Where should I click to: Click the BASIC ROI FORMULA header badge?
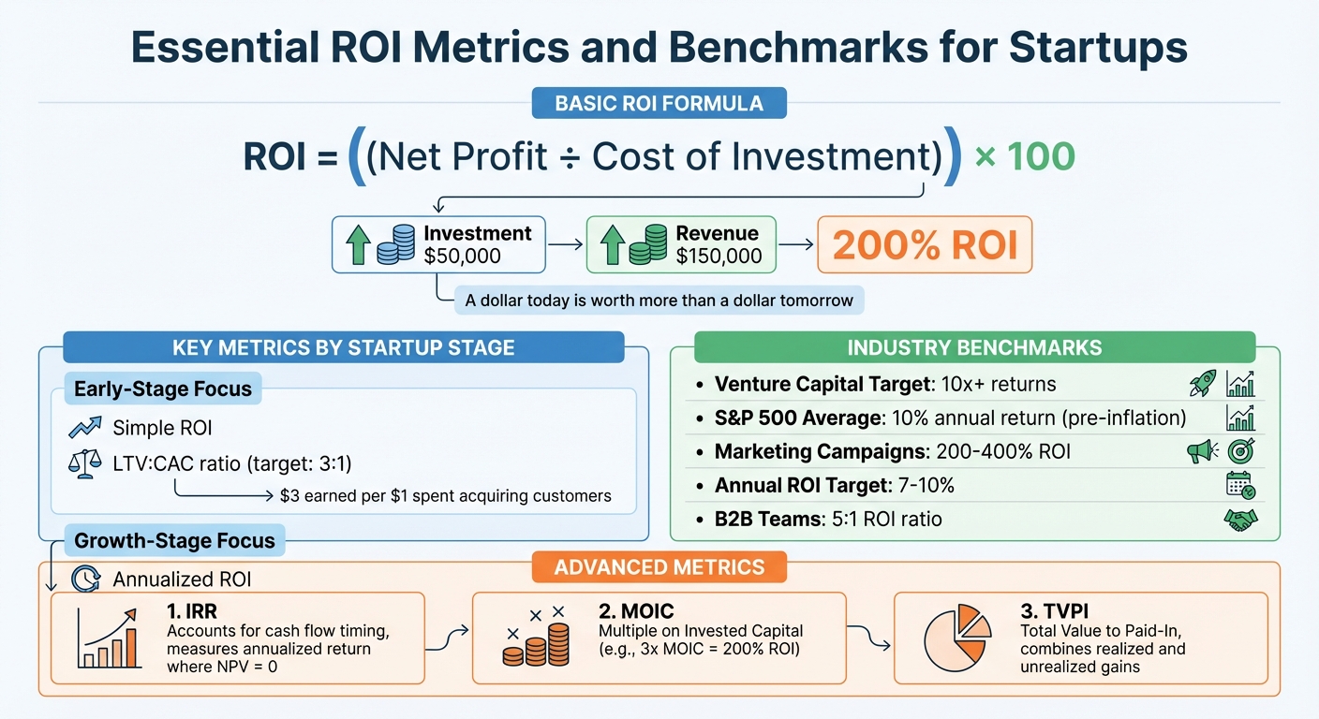[659, 103]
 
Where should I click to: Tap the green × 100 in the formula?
[1024, 156]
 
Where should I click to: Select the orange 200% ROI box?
[925, 245]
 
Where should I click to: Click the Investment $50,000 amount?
[463, 257]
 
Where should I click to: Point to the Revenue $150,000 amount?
[719, 257]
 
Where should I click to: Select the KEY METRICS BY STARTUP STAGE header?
[343, 347]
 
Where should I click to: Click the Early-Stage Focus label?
[163, 389]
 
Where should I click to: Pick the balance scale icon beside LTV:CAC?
[84, 463]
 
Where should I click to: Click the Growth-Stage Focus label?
[174, 540]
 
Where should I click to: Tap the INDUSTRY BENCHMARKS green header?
[974, 347]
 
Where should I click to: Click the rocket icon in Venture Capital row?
[1201, 384]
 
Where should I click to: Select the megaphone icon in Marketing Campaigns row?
[1201, 451]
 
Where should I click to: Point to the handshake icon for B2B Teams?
[1240, 520]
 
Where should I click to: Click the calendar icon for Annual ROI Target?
[1240, 485]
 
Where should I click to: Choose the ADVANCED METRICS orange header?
[659, 566]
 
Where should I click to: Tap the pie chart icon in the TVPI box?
[956, 638]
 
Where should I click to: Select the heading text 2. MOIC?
[635, 611]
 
